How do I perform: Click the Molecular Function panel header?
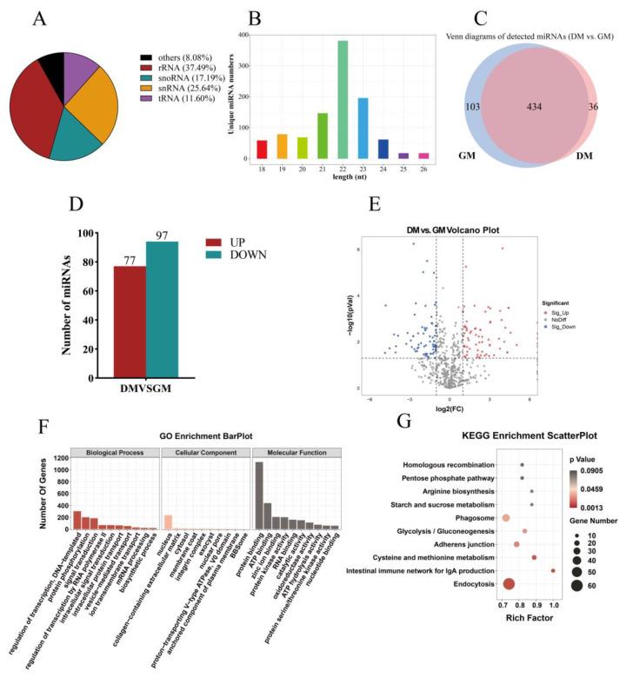(295, 451)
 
